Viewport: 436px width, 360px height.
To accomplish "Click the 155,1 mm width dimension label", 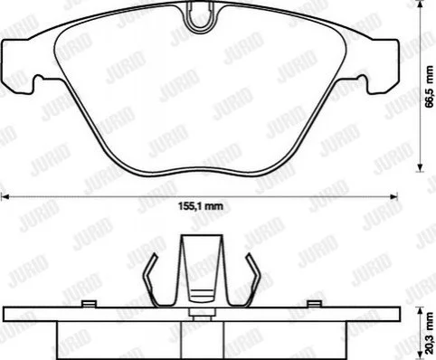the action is pos(201,206).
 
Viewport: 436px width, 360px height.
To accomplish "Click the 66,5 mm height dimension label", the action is pos(430,86).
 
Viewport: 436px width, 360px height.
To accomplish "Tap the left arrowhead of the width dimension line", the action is pos(5,197).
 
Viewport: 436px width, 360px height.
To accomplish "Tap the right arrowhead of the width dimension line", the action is pos(393,197).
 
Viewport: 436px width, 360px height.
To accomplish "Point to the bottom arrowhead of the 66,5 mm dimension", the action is pos(420,168).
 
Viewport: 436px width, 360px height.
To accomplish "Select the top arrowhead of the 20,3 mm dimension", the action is pos(420,311).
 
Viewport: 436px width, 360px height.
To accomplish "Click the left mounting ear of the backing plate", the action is pos(19,66).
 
